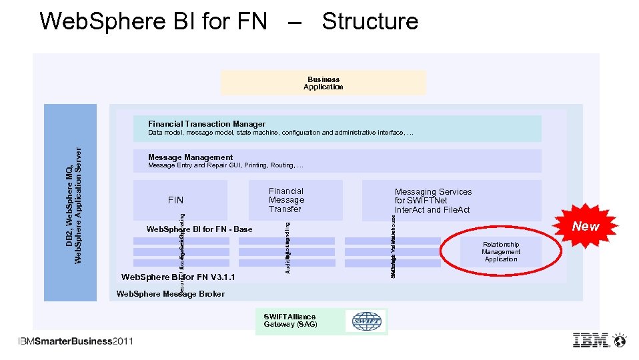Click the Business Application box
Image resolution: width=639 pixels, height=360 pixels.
pos(323,83)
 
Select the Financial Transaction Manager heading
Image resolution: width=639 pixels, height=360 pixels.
pos(207,124)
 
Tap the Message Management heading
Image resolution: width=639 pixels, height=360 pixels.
pos(191,158)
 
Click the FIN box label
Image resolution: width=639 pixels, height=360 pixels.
pos(175,200)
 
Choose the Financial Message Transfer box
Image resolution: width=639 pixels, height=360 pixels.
pos(286,200)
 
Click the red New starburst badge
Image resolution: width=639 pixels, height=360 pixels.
pos(585,226)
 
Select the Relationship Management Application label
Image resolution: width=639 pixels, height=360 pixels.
pos(501,252)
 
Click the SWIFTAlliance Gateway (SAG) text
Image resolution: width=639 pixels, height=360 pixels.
pos(290,320)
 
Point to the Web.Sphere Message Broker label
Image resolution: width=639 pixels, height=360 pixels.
pos(171,294)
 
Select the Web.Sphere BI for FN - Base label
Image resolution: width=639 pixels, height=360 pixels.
pos(199,229)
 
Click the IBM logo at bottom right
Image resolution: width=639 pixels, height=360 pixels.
pos(591,340)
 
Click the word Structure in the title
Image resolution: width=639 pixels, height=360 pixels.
pos(370,21)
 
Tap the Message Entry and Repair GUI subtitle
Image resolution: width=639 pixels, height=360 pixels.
pos(225,166)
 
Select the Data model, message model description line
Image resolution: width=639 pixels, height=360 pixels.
pos(280,133)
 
